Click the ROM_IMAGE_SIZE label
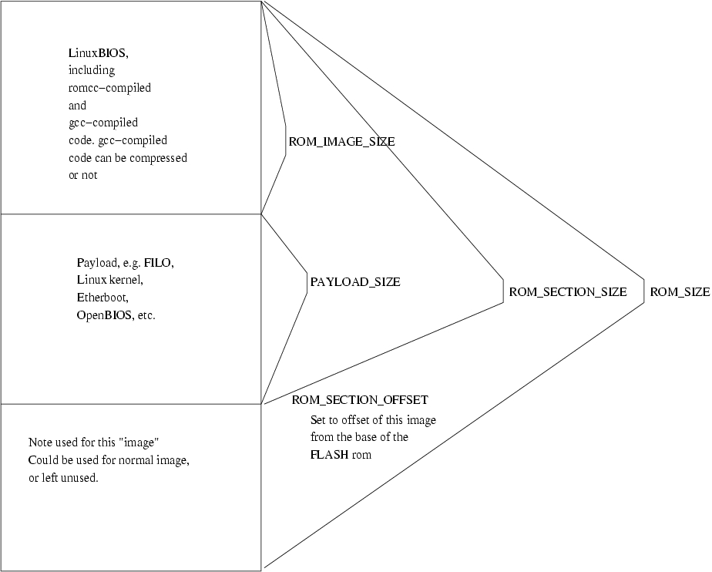tap(341, 142)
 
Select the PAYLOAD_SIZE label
tap(355, 282)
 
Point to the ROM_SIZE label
tap(680, 292)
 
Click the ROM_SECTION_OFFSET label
tap(360, 401)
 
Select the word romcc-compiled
tap(109, 88)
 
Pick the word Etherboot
tap(102, 298)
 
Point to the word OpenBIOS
tap(103, 315)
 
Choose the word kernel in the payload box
tap(126, 280)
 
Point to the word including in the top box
tap(92, 71)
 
